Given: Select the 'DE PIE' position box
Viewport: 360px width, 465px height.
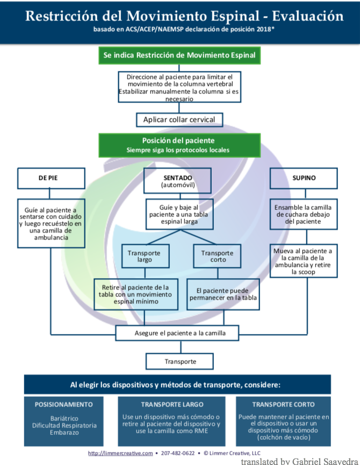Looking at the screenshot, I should (52, 178).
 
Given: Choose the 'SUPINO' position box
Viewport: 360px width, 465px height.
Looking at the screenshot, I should (304, 178).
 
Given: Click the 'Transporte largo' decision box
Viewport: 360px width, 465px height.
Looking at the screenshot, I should (140, 256).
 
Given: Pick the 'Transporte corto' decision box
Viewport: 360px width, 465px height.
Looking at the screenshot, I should (217, 256).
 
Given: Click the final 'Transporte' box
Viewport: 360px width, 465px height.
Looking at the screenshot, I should (180, 361).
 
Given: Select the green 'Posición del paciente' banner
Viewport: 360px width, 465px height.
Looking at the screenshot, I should (178, 145).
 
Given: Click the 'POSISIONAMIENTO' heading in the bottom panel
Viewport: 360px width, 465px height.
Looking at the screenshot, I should (64, 404).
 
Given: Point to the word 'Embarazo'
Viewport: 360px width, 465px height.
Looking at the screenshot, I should (64, 432).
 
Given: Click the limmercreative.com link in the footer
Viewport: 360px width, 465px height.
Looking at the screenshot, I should (120, 453).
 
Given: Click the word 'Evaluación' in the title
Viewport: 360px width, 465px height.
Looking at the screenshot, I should (309, 16).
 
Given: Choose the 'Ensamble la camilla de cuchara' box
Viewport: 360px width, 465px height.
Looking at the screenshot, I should (304, 214).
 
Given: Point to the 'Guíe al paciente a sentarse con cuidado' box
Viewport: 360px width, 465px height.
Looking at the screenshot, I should (51, 223).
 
